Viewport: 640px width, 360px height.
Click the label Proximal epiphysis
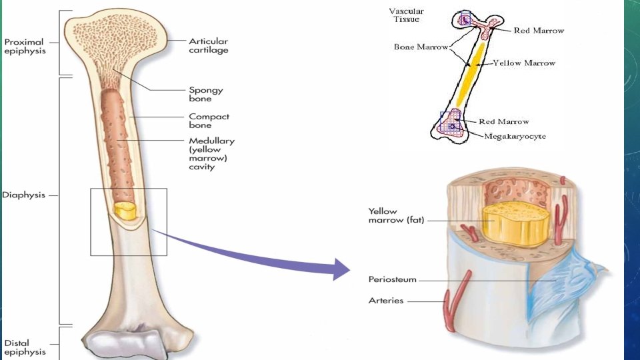click(x=24, y=46)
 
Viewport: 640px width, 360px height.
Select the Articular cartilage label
click(x=209, y=45)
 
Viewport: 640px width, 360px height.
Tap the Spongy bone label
click(x=206, y=94)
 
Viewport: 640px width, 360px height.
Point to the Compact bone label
click(x=209, y=121)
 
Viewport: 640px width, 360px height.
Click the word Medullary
click(x=211, y=141)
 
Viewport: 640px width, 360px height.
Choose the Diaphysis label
click(x=23, y=195)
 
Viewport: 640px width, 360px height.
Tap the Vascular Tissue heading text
click(x=406, y=15)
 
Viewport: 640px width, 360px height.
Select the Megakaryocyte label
click(x=515, y=136)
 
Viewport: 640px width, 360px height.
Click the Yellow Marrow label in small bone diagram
click(x=524, y=63)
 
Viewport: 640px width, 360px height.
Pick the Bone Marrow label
click(x=421, y=47)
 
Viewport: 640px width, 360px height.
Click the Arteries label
click(x=386, y=301)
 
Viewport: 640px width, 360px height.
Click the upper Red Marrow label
click(x=539, y=31)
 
